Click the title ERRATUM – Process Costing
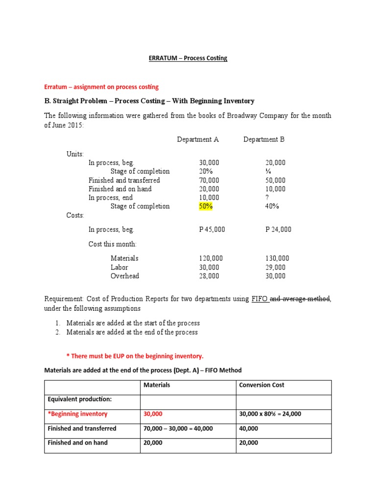point(188,58)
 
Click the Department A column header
point(198,139)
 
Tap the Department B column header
point(264,139)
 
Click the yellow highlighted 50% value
point(206,206)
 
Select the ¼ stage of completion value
point(268,171)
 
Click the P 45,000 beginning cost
point(212,229)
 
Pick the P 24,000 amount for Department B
point(278,229)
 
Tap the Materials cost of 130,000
point(277,258)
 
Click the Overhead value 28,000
point(209,276)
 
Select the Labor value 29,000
point(275,268)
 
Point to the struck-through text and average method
point(300,299)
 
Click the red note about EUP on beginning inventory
point(135,356)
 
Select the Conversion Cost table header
point(261,385)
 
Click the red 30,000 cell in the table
point(153,414)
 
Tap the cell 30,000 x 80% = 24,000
point(270,414)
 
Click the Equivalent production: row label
point(80,399)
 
